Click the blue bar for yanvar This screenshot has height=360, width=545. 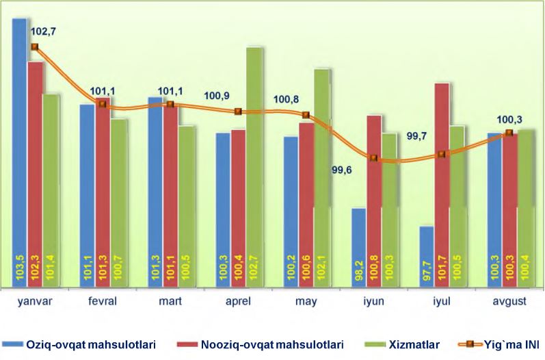click(19, 137)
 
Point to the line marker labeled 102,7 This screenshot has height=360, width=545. click(34, 47)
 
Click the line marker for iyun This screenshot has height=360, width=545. click(373, 158)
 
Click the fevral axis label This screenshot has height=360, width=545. click(102, 303)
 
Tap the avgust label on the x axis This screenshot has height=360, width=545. click(509, 303)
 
